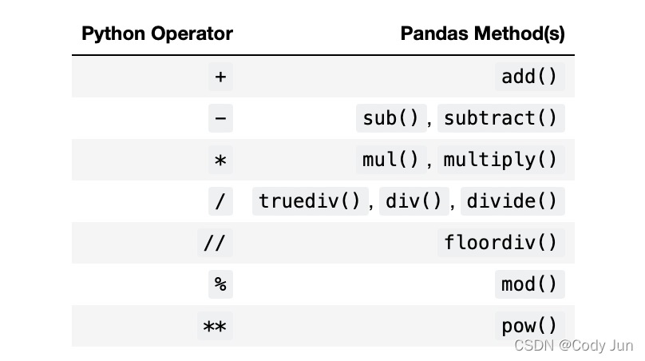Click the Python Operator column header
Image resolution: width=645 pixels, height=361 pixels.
pos(157,34)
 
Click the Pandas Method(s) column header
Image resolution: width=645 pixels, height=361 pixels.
pos(482,34)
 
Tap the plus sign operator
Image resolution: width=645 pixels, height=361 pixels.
pos(220,77)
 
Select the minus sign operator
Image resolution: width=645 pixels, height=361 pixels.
pos(220,118)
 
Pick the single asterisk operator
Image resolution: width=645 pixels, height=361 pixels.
pos(220,160)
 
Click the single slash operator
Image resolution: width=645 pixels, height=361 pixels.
pos(220,201)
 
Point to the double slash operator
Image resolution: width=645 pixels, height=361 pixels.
pos(215,243)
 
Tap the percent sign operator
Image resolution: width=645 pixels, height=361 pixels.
pos(220,284)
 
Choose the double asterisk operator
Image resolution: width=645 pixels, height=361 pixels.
pos(215,326)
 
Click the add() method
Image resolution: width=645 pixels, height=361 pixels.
pos(529,77)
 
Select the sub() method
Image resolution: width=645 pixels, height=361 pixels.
pos(390,118)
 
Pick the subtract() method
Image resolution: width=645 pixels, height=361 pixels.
pos(501,118)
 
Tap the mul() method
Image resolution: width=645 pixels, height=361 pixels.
pos(390,160)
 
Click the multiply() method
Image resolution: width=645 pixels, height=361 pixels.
pos(501,160)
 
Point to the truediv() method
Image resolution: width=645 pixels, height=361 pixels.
pos(310,201)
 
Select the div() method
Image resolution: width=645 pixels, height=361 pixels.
pos(414,201)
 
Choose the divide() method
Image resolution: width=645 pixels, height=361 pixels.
pos(512,201)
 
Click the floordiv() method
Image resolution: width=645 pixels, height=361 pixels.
pos(501,243)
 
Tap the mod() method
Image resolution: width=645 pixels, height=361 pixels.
pos(529,284)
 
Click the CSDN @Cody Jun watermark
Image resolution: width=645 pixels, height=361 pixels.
pos(574,345)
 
